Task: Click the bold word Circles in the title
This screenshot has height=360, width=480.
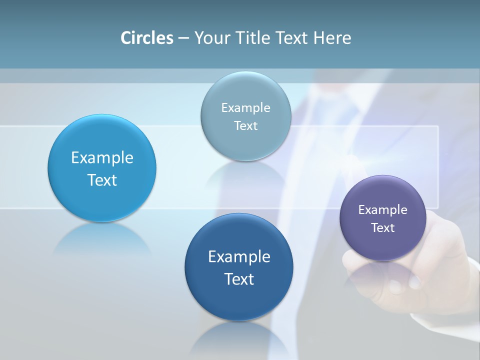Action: (147, 38)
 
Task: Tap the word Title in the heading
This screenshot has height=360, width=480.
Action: (251, 38)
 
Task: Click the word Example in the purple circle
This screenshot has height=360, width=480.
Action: (383, 210)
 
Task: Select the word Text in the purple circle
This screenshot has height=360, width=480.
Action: (383, 228)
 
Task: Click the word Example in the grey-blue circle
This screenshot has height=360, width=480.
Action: (246, 108)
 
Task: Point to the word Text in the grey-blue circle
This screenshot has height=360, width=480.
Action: (246, 126)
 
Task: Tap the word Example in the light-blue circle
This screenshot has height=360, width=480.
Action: (102, 158)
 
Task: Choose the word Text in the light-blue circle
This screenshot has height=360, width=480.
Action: (102, 180)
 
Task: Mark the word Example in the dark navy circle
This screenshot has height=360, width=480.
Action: (239, 257)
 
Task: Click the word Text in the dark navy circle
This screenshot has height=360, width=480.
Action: (239, 279)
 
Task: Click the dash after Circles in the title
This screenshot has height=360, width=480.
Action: (183, 38)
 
